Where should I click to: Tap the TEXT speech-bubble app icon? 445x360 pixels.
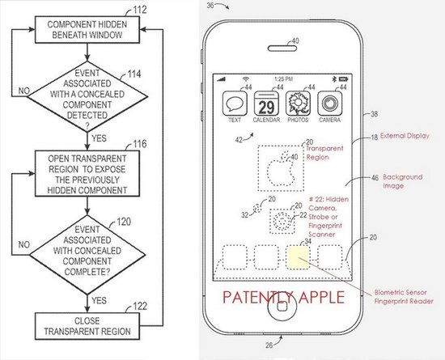(x=235, y=105)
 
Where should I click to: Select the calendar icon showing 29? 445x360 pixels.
(x=266, y=105)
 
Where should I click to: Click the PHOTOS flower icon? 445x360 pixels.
(x=297, y=105)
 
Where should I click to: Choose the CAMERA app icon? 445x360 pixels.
(x=328, y=105)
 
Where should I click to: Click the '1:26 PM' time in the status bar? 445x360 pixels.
(x=282, y=79)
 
